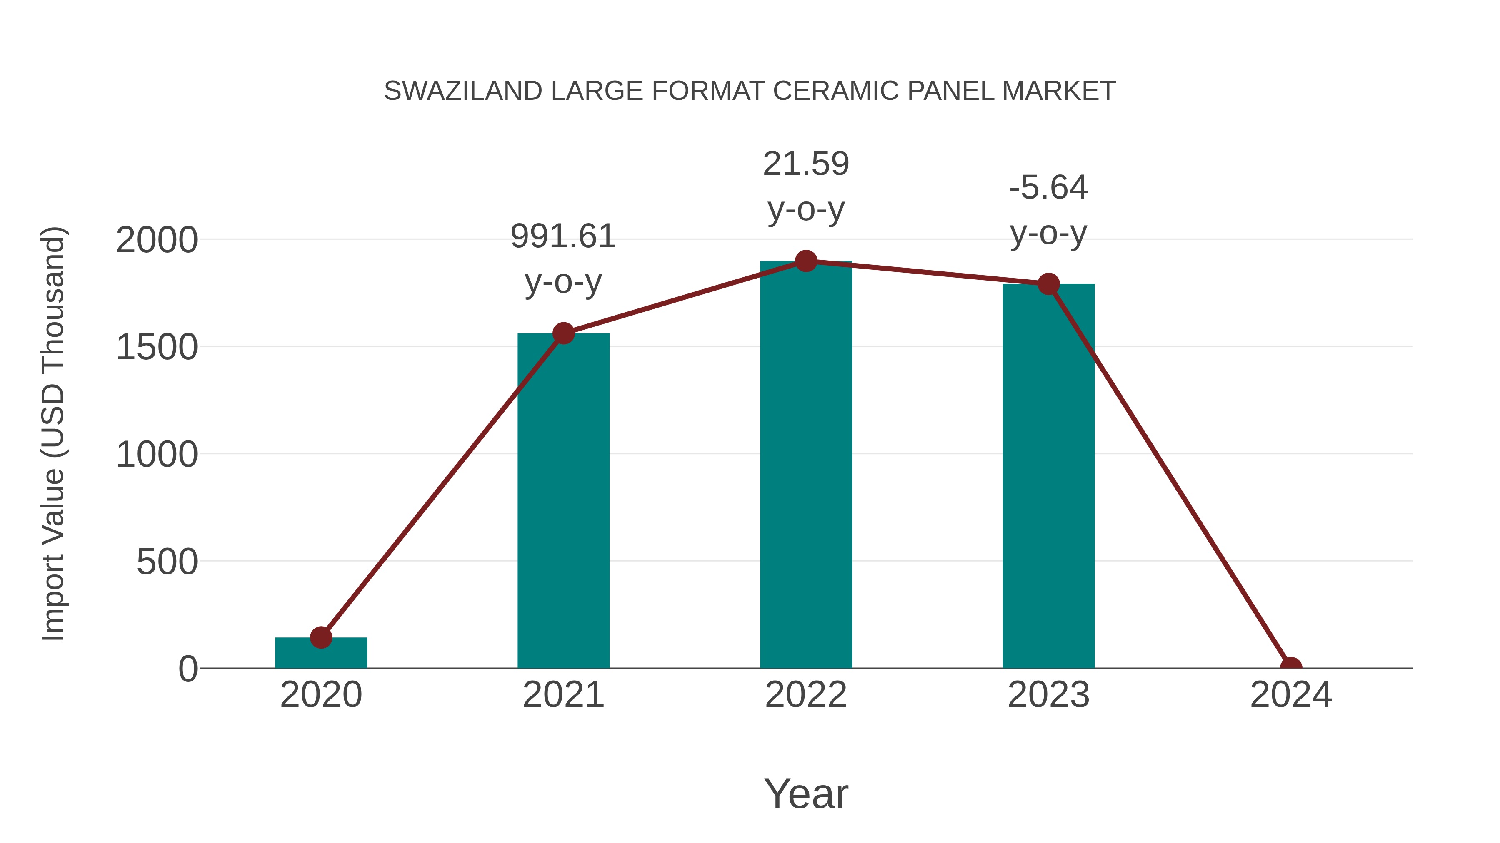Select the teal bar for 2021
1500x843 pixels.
click(x=563, y=500)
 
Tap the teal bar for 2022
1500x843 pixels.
click(x=806, y=465)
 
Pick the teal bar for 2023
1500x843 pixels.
click(x=1048, y=477)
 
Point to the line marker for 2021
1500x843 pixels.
click(x=563, y=333)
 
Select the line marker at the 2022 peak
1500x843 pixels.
click(x=806, y=261)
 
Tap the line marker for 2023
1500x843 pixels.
click(x=1048, y=284)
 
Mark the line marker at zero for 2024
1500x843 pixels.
click(x=1291, y=667)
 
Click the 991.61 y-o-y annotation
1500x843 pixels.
click(x=563, y=259)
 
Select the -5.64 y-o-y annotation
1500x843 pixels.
click(x=1048, y=210)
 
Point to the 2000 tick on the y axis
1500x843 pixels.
click(x=157, y=240)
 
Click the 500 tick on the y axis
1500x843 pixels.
click(x=167, y=562)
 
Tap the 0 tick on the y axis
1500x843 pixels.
click(x=187, y=669)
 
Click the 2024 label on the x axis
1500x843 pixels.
click(x=1291, y=695)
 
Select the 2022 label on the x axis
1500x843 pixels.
click(x=806, y=695)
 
